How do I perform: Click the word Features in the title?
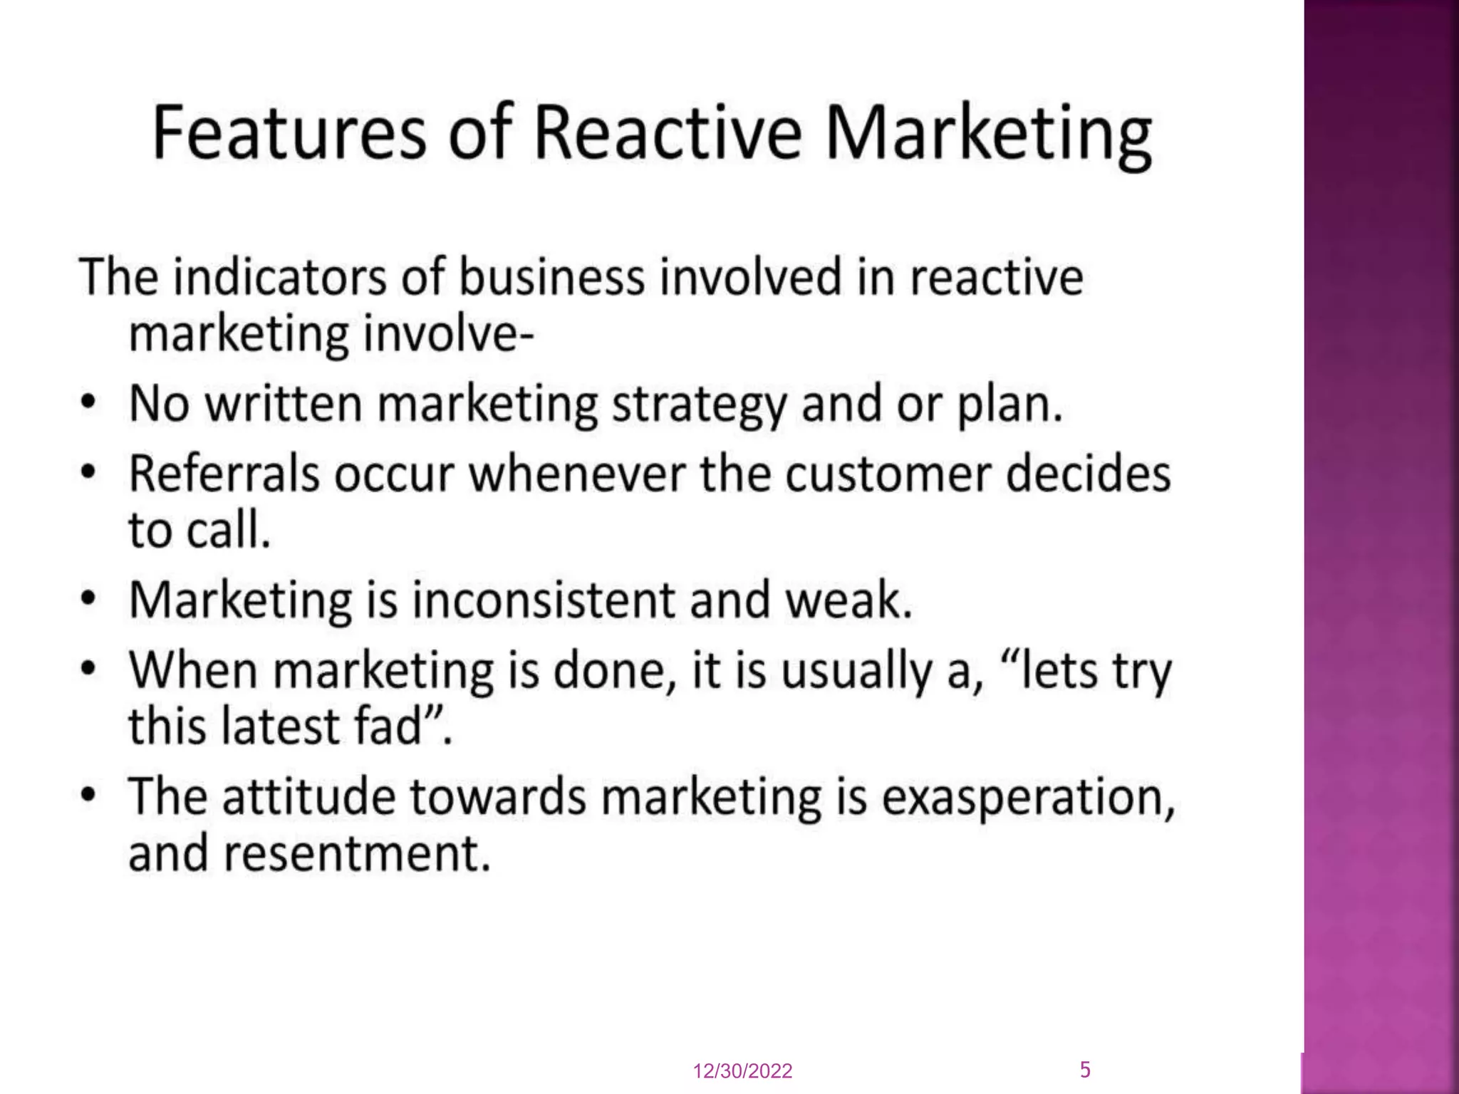click(x=289, y=132)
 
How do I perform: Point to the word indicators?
click(x=280, y=277)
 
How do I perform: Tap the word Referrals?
click(x=224, y=474)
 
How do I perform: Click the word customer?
click(x=888, y=474)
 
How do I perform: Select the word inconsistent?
click(x=544, y=600)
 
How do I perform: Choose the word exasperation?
click(x=1028, y=796)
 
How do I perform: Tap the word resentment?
click(x=357, y=853)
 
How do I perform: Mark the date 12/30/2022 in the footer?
click(x=742, y=1071)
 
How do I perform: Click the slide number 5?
click(x=1085, y=1069)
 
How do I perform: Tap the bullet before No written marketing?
click(x=88, y=402)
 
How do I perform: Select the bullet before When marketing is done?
click(x=88, y=669)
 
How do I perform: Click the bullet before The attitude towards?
click(x=88, y=794)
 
